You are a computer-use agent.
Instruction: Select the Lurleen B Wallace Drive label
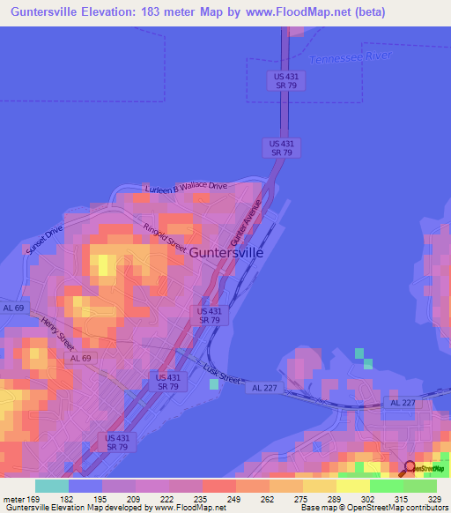186,188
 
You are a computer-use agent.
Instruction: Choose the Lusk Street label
221,374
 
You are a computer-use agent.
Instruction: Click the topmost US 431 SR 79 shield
284,80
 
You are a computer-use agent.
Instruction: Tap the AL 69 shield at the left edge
12,308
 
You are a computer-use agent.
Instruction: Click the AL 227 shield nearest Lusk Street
264,388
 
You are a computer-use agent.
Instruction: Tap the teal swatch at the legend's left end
52,486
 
